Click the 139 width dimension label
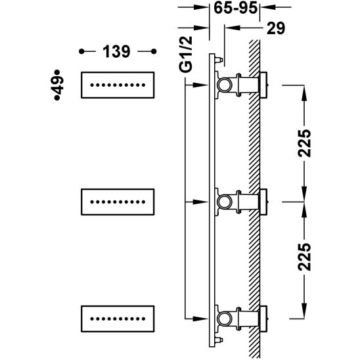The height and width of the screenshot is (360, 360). tap(116, 51)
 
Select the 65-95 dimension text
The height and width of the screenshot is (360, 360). tap(236, 8)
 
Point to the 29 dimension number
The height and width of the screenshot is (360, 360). tap(276, 28)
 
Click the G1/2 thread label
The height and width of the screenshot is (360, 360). tap(185, 55)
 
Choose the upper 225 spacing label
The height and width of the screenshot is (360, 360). tap(304, 143)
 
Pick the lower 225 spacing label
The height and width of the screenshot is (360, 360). tap(304, 257)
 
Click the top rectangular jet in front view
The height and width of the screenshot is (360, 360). tap(118, 85)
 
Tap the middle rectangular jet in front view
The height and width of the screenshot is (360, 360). tap(118, 202)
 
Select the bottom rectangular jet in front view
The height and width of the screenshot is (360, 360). tap(118, 319)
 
